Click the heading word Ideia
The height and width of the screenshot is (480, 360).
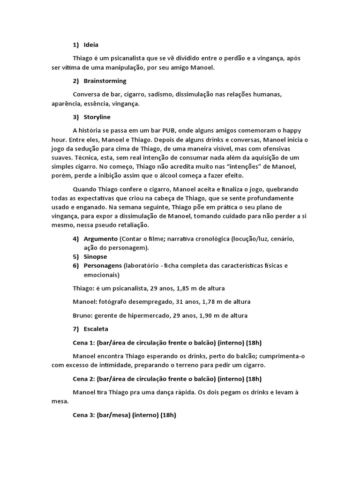[91, 45]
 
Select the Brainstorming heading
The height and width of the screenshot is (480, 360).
[105, 81]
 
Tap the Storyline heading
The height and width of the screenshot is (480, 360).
[97, 117]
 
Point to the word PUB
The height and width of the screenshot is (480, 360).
[177, 130]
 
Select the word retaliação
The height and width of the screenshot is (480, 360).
[136, 225]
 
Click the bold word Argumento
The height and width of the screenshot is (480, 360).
[100, 239]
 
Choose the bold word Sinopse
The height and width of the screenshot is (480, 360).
[95, 257]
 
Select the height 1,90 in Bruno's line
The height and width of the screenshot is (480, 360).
[204, 315]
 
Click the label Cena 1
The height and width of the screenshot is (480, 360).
[84, 343]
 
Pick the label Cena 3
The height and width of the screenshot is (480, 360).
[84, 415]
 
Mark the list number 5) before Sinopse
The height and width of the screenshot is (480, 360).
[76, 257]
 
